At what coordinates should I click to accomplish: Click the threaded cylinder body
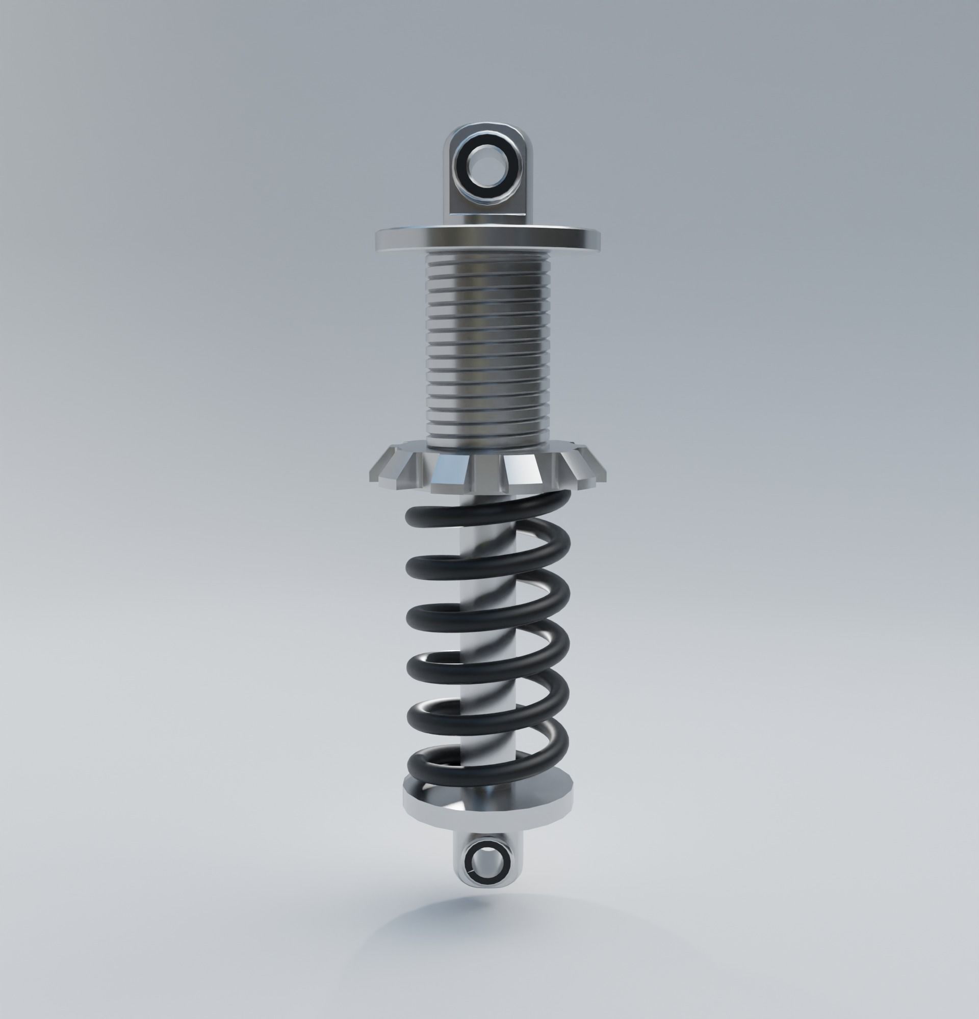(x=487, y=354)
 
